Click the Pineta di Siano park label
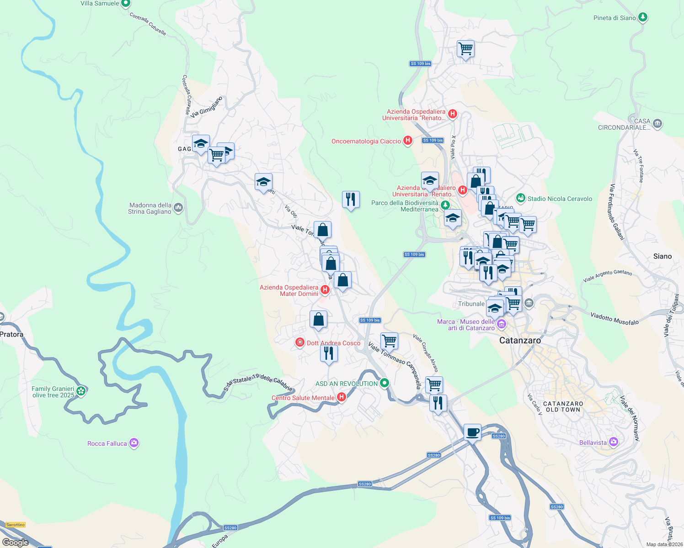click(x=615, y=18)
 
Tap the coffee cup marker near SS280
click(x=472, y=432)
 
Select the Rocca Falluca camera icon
click(x=134, y=443)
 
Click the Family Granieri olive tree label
click(x=53, y=392)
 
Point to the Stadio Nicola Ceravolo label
click(x=560, y=199)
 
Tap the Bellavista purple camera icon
click(x=614, y=442)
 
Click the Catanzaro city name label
click(x=520, y=340)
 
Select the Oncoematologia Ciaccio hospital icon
click(x=408, y=141)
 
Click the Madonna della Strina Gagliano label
click(x=150, y=208)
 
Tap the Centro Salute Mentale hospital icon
click(x=341, y=398)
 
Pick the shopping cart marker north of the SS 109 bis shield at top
click(x=465, y=48)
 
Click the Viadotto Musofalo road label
click(x=614, y=318)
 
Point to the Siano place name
click(x=662, y=256)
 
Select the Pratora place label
click(x=11, y=334)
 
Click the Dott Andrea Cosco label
click(x=333, y=343)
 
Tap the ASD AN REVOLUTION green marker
click(x=385, y=383)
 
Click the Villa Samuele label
click(x=100, y=4)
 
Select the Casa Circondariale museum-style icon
click(x=657, y=123)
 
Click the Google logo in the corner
click(x=15, y=542)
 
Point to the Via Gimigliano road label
click(x=206, y=107)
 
